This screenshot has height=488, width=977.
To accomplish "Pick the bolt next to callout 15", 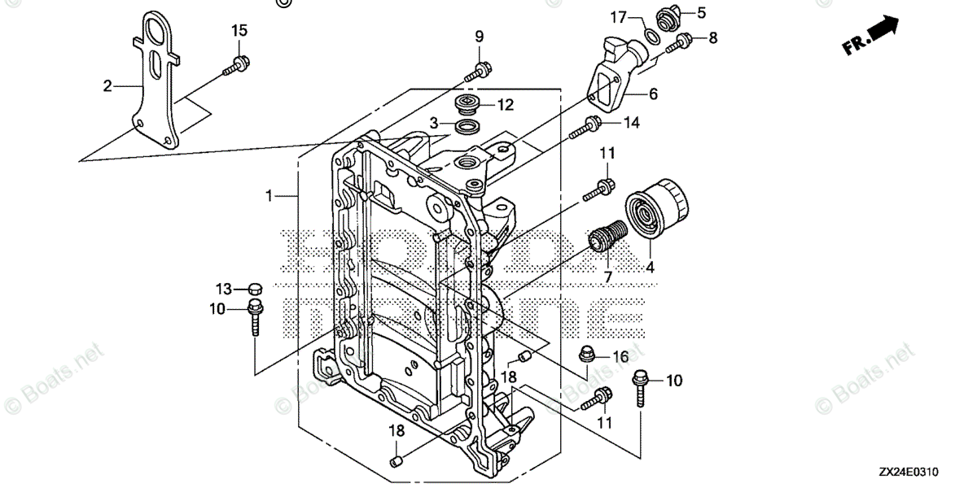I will tap(235, 66).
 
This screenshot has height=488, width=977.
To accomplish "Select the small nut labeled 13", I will tap(253, 288).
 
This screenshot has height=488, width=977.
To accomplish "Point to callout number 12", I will tap(506, 104).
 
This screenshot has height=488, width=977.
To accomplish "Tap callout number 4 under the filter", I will tap(649, 265).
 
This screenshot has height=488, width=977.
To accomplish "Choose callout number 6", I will tap(653, 94).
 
